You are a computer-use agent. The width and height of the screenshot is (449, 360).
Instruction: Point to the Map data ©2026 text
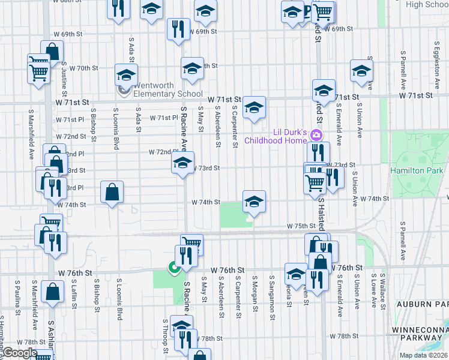pos(423,355)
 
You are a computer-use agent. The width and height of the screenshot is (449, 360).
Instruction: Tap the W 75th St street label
pos(301,226)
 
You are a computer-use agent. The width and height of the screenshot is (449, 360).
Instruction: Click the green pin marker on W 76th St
pos(175,268)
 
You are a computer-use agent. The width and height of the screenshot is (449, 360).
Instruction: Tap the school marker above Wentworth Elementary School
pos(127,76)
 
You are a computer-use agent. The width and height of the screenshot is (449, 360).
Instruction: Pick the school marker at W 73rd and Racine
pos(182,163)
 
